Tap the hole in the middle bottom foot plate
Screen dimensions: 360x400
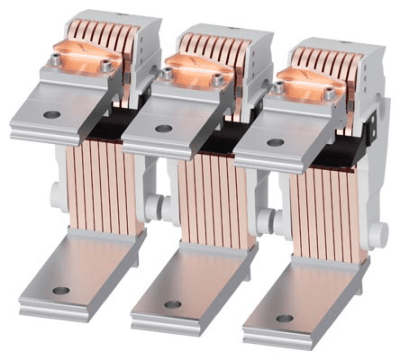coord(173,303)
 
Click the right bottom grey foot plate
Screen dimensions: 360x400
coord(290,315)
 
